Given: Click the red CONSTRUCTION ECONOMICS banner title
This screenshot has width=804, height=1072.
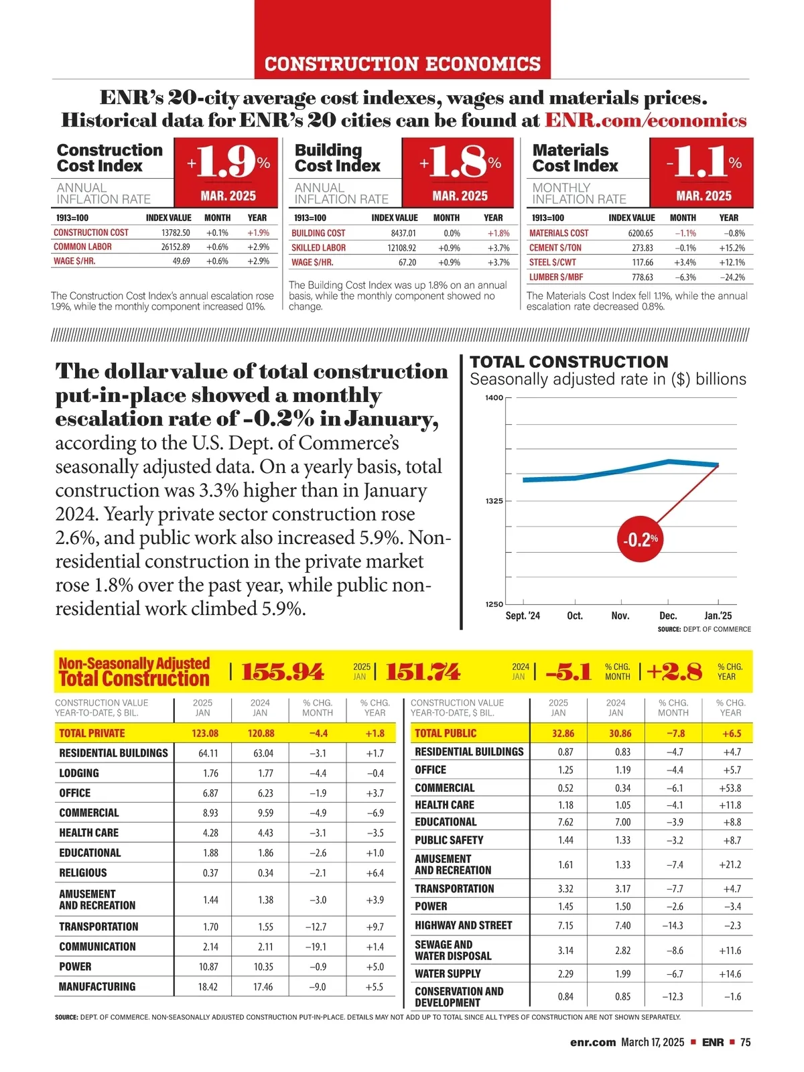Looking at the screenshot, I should [x=402, y=64].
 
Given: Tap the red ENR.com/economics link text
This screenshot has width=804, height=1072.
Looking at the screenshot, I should [x=645, y=121].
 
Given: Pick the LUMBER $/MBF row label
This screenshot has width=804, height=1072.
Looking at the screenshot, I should [x=556, y=277].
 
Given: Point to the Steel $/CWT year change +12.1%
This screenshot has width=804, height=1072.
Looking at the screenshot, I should [x=732, y=262].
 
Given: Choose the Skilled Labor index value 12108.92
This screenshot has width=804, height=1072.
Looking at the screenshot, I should [x=401, y=247].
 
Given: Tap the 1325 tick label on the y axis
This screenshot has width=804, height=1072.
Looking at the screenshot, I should [x=494, y=501].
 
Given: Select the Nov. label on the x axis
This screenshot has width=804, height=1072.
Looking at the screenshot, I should [x=620, y=616].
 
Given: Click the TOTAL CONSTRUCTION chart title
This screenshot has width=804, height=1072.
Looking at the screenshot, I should [x=569, y=362].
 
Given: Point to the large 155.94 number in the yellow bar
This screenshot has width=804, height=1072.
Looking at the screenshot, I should [x=282, y=671].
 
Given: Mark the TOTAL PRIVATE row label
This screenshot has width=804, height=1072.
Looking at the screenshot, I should [x=92, y=733].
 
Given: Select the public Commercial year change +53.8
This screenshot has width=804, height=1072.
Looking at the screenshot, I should [x=730, y=788].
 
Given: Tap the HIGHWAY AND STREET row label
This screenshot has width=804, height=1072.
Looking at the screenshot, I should [x=463, y=925].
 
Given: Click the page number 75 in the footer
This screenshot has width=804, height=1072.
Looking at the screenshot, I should [x=745, y=1042].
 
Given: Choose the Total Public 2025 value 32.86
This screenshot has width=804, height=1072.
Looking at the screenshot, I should [x=563, y=733].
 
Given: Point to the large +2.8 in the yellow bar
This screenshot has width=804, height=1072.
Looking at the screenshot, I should [x=674, y=671].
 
